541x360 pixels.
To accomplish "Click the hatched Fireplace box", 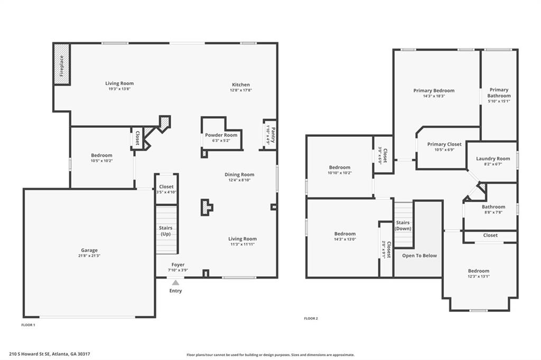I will coord(62,64).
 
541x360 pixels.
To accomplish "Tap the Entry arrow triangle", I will coord(175,283).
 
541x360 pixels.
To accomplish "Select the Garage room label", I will coord(89,250).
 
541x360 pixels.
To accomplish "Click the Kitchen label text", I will coord(241,84).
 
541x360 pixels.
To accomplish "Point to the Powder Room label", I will coord(221,135).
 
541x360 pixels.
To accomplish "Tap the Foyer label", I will coord(178,264).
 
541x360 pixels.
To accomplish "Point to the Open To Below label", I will coord(419,255).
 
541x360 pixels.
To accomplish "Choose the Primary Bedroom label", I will coord(434,91).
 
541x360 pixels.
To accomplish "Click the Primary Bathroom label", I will coord(499,93).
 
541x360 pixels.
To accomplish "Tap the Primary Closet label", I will coord(444,144).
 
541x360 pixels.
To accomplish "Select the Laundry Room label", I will coord(493,158).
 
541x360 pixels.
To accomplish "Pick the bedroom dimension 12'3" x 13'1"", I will coord(479,276).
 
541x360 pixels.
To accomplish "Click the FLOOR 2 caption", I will coord(311,318).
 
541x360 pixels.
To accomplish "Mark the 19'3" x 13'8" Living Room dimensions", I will coord(119,89).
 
